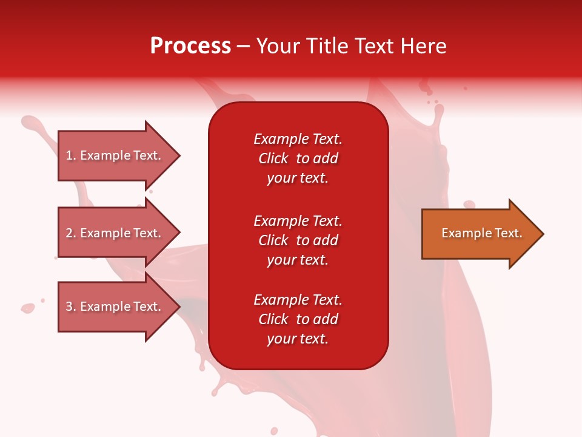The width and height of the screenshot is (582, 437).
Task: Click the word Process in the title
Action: [190, 46]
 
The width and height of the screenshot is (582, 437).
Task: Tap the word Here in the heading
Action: [422, 46]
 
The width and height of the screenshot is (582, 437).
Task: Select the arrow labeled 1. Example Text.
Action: [115, 155]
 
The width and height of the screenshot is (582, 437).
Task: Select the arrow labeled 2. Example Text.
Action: [115, 233]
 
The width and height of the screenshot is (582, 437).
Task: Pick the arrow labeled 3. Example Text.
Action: [115, 307]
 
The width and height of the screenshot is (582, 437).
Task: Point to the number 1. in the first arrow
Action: [71, 155]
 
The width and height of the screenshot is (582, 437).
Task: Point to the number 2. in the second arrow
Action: [71, 233]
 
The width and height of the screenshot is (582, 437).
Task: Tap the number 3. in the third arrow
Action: [71, 307]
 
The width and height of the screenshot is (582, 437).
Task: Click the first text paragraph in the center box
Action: [298, 158]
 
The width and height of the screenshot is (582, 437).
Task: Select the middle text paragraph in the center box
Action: [298, 240]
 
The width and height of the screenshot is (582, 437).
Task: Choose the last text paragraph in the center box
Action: [298, 319]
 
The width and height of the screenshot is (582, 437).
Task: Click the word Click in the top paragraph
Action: [273, 158]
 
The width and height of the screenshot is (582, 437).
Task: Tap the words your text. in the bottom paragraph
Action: [298, 339]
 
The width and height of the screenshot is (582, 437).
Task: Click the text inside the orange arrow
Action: [481, 233]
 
